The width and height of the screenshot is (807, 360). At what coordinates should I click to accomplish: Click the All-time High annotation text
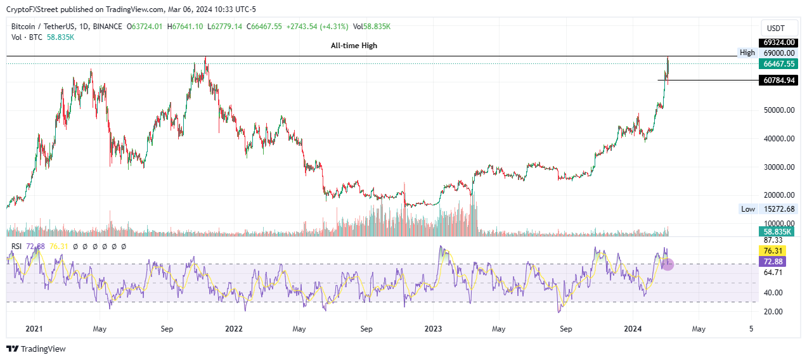(354, 46)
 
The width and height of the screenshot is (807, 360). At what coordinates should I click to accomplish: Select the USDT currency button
(776, 29)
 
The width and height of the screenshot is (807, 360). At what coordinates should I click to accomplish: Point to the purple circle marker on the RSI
(668, 264)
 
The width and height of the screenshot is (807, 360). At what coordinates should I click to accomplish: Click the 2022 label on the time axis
(234, 329)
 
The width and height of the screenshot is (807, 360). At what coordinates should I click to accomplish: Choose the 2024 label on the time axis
(633, 329)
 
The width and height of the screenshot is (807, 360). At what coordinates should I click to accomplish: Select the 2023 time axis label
(433, 329)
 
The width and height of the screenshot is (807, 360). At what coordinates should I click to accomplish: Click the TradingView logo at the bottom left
(36, 349)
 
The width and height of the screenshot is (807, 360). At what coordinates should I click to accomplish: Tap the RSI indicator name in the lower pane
(17, 246)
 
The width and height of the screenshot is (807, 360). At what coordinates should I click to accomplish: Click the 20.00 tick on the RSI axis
(773, 311)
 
